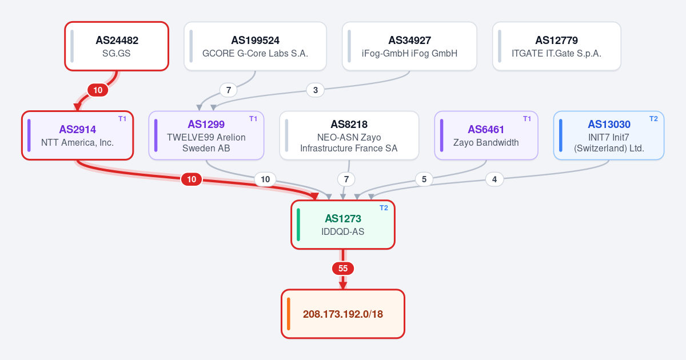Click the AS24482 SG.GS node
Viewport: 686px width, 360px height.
click(x=117, y=46)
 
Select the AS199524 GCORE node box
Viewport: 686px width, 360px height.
click(x=255, y=46)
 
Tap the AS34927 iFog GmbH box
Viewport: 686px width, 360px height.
click(x=409, y=46)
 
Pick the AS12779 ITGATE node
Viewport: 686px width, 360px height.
click(x=556, y=46)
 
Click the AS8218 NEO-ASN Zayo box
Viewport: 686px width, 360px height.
click(x=349, y=135)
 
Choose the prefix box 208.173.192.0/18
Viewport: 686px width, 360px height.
click(x=343, y=314)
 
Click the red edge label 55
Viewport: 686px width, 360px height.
click(x=343, y=269)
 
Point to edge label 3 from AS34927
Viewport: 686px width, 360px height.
click(x=316, y=90)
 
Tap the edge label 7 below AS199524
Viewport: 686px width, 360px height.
click(x=229, y=90)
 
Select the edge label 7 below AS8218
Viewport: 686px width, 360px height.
click(x=346, y=179)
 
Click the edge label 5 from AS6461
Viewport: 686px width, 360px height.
click(x=424, y=179)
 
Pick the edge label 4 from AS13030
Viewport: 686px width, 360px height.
click(x=494, y=179)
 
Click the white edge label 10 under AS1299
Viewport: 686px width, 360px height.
click(x=265, y=179)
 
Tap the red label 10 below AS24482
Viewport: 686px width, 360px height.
click(x=98, y=90)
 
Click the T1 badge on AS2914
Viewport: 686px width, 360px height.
click(x=122, y=119)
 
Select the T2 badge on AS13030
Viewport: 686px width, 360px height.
click(x=653, y=119)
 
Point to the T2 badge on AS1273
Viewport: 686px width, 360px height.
click(x=384, y=208)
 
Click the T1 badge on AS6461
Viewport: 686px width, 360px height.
click(x=527, y=119)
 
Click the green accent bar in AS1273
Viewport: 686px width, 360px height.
click(x=298, y=225)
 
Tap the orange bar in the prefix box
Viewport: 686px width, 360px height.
click(x=289, y=314)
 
